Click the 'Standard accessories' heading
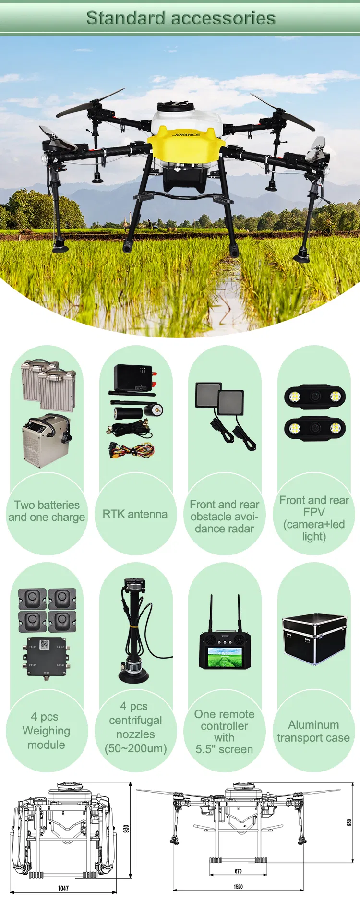180,18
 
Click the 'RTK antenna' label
135,514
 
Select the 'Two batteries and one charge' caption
47,511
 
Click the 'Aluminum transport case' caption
313,731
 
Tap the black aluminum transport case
315,639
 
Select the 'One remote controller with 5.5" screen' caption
224,732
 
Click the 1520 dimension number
238,887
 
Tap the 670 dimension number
238,871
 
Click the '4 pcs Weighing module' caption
46,731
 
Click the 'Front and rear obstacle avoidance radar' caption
224,517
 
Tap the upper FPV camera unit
315,397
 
